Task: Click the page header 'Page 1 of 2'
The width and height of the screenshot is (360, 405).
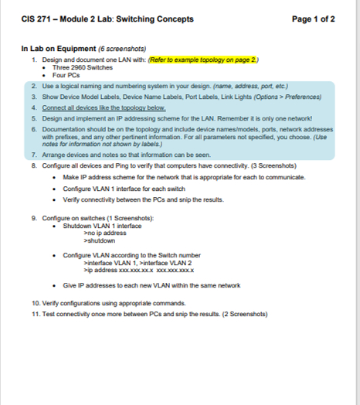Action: pos(314,19)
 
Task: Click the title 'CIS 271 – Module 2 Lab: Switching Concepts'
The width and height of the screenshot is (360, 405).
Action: pos(107,19)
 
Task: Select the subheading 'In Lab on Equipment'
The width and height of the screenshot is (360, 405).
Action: pos(58,49)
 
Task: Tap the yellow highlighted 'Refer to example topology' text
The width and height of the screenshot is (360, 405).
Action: pos(203,59)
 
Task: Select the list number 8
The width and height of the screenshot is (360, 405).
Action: pos(35,165)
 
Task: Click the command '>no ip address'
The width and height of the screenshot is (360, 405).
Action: pos(104,233)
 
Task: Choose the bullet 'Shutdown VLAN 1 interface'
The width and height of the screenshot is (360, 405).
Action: pos(102,225)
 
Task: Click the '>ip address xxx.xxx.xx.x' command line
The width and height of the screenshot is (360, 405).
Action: pos(138,270)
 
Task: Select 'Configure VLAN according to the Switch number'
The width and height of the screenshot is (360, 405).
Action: pos(131,255)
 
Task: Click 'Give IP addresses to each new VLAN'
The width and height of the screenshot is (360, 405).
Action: pos(151,285)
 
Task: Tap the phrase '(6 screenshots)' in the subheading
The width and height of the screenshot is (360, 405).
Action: pos(124,49)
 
